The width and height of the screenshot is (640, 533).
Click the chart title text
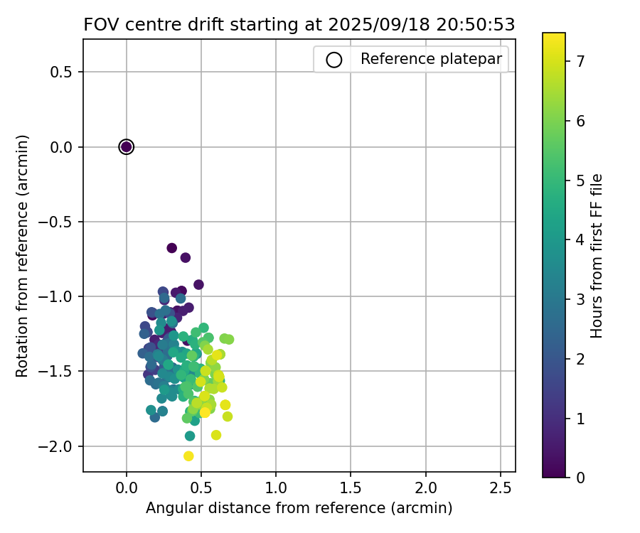click(x=299, y=24)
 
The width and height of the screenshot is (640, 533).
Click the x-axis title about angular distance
click(x=299, y=508)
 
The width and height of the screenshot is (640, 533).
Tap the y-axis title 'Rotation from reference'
click(x=23, y=256)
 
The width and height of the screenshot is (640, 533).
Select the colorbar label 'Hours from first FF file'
click(x=597, y=256)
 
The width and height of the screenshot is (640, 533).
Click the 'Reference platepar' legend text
click(x=432, y=59)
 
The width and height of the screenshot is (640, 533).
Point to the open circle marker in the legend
click(x=334, y=60)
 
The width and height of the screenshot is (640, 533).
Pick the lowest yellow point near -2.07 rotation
click(x=188, y=456)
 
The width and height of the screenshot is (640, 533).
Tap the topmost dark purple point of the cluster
click(x=172, y=248)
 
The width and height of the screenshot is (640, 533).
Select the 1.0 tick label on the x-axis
click(x=276, y=488)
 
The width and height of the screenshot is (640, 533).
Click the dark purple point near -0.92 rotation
click(x=199, y=285)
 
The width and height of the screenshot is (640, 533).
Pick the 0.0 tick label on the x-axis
click(x=127, y=488)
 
